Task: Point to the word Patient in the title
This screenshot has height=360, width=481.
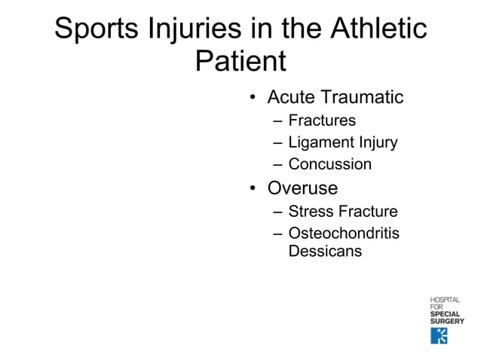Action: point(240,62)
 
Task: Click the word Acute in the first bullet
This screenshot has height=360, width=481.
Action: point(293,98)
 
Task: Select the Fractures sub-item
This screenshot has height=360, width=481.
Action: point(322,121)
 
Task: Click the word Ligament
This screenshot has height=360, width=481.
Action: point(320,142)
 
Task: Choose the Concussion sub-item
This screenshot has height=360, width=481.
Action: point(329,164)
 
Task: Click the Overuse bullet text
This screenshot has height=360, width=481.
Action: point(302,188)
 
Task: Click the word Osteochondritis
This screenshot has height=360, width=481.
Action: point(344,233)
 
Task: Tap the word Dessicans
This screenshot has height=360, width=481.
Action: point(325,252)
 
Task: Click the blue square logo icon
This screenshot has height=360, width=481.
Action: point(439,335)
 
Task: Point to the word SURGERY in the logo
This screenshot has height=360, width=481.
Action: point(446,322)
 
